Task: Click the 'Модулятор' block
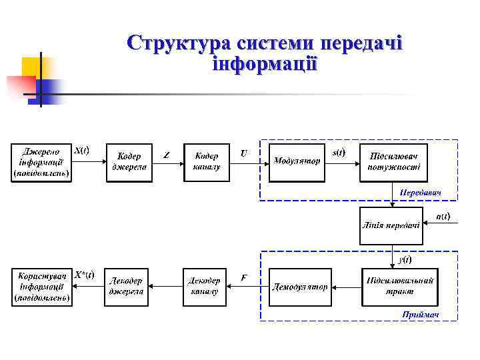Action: (x=297, y=162)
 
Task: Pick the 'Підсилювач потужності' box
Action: (x=394, y=162)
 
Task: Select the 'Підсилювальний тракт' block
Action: (x=399, y=287)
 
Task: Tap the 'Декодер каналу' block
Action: (x=204, y=287)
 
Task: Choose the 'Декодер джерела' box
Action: (x=126, y=287)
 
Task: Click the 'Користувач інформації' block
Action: (x=41, y=287)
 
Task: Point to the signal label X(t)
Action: (x=81, y=150)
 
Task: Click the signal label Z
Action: (x=166, y=155)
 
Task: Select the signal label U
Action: (x=244, y=153)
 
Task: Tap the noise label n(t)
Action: (x=442, y=216)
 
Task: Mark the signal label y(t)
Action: (x=404, y=259)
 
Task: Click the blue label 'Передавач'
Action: (x=420, y=193)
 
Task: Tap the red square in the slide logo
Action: (x=20, y=86)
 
